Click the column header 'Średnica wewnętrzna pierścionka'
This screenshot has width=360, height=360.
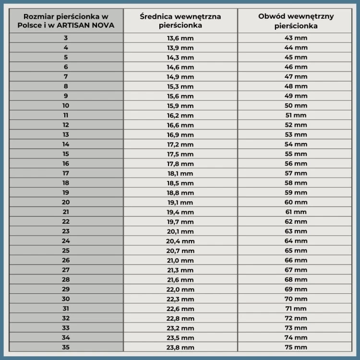pos(180,21)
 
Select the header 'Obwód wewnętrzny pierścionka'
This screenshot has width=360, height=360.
pos(296,21)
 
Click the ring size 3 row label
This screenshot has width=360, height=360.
pos(66,38)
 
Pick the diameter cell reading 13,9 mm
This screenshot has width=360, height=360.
pos(180,48)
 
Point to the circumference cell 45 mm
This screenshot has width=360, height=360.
pos(296,57)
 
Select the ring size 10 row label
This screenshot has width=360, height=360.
pos(66,106)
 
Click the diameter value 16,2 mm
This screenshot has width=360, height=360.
pos(180,115)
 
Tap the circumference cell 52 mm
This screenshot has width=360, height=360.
pos(296,125)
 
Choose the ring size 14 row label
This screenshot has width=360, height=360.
pos(66,144)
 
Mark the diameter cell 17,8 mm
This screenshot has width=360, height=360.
pos(180,164)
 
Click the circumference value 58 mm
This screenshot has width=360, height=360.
pos(296,183)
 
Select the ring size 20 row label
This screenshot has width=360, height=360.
pos(66,202)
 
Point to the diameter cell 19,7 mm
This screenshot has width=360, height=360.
pos(180,221)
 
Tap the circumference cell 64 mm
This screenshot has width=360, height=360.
pos(296,240)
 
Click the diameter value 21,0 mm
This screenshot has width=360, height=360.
pos(180,260)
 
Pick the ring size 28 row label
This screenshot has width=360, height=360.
pos(66,279)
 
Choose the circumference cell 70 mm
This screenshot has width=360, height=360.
pos(296,299)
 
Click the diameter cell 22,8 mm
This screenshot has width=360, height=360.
pos(180,318)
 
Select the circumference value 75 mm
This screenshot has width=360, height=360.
pos(296,347)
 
